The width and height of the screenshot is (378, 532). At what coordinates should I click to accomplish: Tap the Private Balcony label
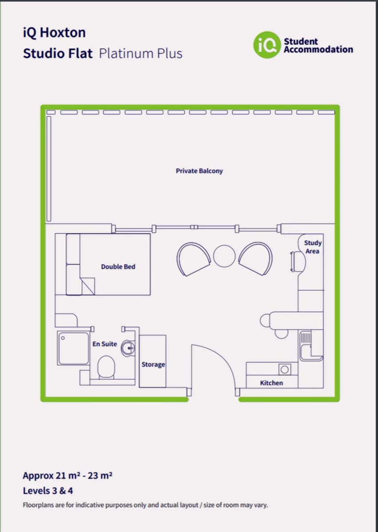coord(199,171)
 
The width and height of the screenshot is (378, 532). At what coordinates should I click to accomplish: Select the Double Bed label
coord(118,267)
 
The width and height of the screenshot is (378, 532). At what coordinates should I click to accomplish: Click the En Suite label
coord(105,344)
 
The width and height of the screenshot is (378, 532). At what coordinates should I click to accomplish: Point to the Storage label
coord(153,364)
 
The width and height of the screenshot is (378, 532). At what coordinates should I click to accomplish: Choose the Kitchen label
coord(272,383)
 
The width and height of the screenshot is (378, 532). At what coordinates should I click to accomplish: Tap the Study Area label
coord(312,247)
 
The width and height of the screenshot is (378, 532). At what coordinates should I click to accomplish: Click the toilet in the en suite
coord(106,367)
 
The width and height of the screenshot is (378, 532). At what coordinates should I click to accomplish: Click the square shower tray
coord(73,348)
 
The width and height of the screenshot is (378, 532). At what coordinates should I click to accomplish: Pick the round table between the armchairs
coord(224,256)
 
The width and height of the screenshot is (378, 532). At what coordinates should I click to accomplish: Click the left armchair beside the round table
coord(193,259)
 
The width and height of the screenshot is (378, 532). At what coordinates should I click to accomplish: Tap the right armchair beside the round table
coord(256,259)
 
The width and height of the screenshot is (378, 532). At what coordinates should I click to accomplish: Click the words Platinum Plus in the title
coord(141,54)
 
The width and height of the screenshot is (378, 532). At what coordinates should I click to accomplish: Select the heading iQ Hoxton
coord(54,32)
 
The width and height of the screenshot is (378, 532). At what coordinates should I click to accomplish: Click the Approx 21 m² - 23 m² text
coord(67,476)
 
